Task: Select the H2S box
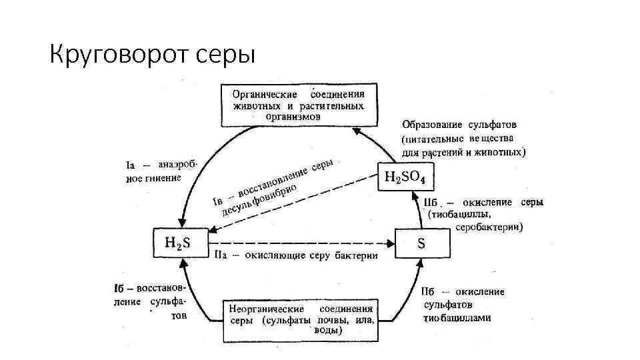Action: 177,243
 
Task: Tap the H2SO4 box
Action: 406,177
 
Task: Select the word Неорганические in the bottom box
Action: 267,309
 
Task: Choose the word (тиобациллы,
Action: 460,215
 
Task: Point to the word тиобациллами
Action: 457,318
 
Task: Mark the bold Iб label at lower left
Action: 123,288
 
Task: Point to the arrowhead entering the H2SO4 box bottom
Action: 421,195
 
